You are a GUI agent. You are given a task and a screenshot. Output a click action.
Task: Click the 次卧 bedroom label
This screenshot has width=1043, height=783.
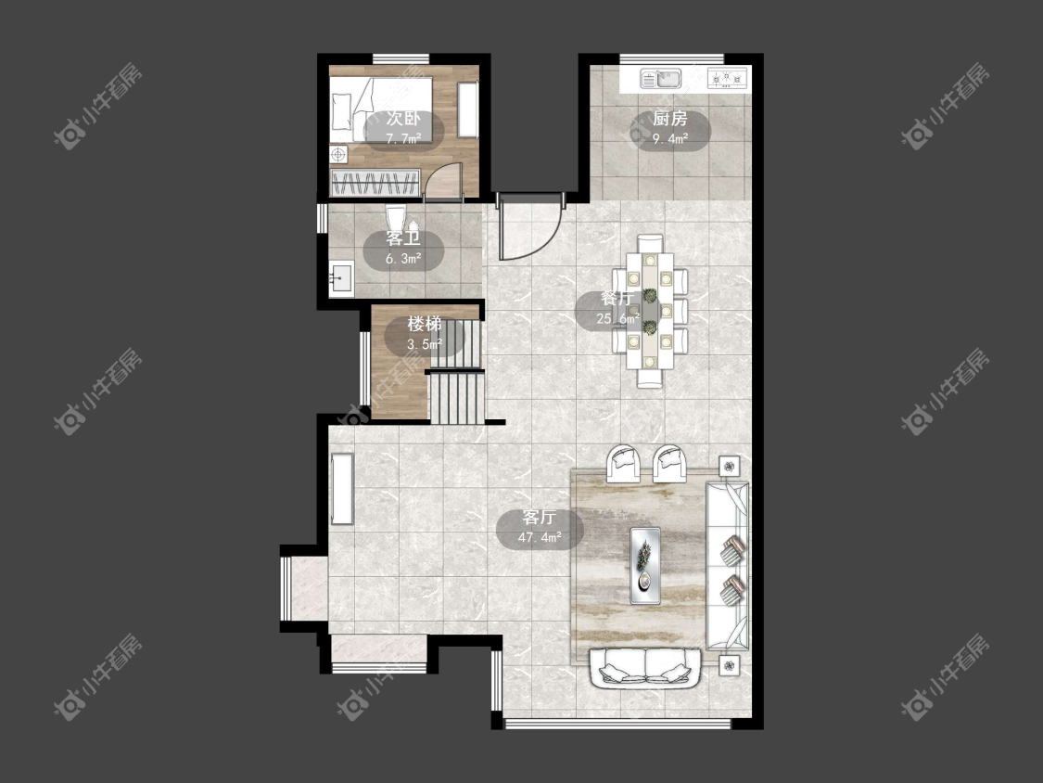(x=403, y=119)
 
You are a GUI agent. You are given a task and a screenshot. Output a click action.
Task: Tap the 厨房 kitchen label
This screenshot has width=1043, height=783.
(x=669, y=119)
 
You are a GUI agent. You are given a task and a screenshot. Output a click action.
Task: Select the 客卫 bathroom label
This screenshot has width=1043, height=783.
(x=403, y=238)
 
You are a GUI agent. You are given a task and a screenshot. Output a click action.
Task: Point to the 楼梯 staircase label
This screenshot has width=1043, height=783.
(x=425, y=325)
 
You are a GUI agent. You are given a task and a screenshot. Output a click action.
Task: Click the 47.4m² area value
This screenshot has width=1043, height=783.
(x=540, y=537)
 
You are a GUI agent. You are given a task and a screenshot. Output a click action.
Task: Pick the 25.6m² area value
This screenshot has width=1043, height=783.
(x=618, y=319)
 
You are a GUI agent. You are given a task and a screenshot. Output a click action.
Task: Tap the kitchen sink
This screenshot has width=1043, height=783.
(x=661, y=79)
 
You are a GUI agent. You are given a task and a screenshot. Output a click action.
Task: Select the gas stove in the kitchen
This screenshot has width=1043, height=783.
(x=727, y=79)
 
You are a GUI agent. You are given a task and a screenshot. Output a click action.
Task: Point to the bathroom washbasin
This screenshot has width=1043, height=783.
(x=341, y=279)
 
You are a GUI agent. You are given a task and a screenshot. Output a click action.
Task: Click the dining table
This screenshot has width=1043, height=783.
(x=650, y=312)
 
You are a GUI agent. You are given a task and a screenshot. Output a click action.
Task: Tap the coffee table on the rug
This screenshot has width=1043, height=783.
(x=645, y=566)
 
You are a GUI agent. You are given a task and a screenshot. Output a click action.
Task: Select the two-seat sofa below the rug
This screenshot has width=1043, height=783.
(x=645, y=669)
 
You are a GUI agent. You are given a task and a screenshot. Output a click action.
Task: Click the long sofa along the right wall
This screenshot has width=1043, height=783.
(x=727, y=566)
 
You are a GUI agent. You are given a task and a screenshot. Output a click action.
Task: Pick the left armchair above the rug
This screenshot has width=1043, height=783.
(x=623, y=463)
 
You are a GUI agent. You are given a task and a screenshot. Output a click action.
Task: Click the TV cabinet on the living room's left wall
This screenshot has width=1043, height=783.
(x=342, y=490)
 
